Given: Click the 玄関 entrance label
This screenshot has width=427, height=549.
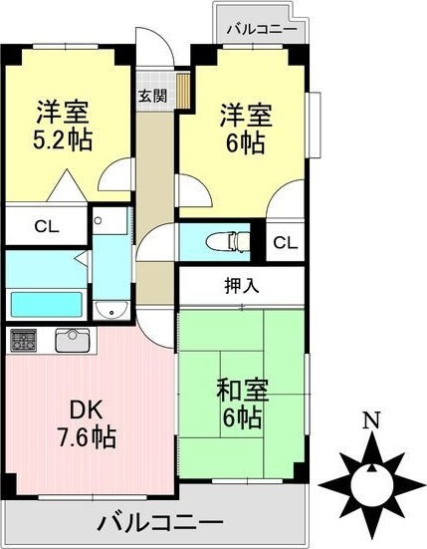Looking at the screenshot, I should (x=151, y=97).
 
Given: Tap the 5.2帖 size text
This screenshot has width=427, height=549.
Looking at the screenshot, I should (x=65, y=139).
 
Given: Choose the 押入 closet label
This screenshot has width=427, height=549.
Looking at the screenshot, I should (x=241, y=285).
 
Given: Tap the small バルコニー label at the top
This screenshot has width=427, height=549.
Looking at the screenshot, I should (x=261, y=29).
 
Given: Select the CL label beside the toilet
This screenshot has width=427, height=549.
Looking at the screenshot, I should (x=285, y=242).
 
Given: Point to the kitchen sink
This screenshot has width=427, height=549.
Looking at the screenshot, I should (x=72, y=340).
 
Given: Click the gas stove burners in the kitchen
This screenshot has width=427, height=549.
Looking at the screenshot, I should (x=23, y=341).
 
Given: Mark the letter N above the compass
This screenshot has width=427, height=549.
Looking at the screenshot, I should (x=369, y=420).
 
